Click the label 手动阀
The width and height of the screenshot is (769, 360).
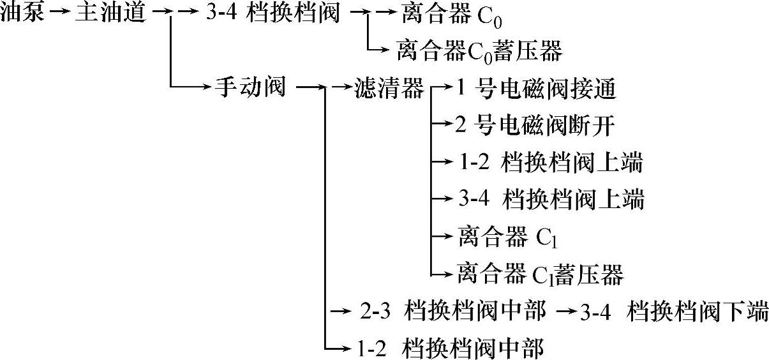250,87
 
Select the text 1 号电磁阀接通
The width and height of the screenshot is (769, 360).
536,89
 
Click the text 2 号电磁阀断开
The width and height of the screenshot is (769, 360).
535,125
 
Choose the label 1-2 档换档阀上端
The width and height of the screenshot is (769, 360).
549,163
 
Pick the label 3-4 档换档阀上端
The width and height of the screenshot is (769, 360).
551,200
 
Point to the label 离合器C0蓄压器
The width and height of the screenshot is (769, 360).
479,50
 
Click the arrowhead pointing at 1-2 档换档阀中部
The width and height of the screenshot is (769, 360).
348,349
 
